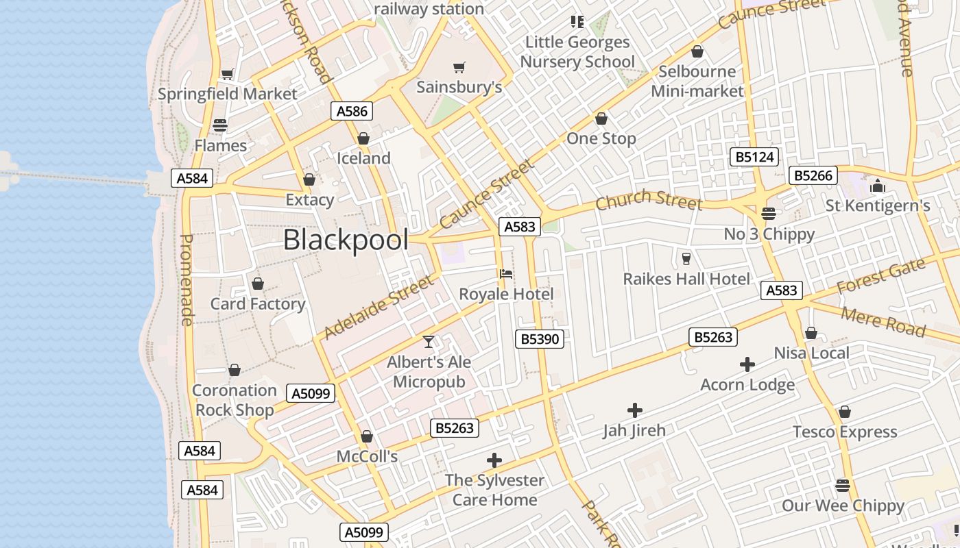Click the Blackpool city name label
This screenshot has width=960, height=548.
coord(346,240)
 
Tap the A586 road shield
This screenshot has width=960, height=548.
coord(352,111)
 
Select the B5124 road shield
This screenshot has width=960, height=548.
coord(754,157)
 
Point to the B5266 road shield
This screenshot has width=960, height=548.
coord(813,175)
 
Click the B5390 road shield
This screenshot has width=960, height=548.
coord(540,338)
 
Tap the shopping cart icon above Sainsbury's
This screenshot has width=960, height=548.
coord(459,67)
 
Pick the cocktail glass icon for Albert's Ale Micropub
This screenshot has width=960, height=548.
coord(429,341)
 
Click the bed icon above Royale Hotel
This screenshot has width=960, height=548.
coord(506,274)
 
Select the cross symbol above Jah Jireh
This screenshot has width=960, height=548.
coord(634,410)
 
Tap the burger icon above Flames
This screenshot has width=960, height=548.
coord(220,125)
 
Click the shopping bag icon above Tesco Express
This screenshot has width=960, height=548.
coord(844,412)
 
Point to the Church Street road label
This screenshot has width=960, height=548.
coord(649,200)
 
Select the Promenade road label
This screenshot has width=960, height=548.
coord(186,279)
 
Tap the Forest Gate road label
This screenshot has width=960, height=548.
coord(881,276)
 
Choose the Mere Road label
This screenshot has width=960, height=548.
coord(883,321)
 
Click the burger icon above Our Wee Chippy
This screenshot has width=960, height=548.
coord(843,486)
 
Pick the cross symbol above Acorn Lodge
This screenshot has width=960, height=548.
coord(747,364)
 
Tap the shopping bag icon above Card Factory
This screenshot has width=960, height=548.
coord(258,284)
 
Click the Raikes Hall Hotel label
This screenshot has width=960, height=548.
coord(686,279)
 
